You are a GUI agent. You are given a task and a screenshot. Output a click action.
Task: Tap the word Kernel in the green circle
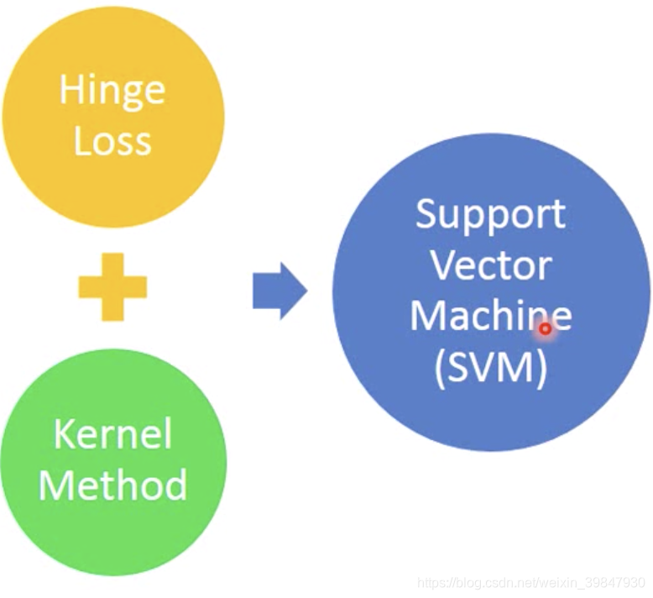pos(112,434)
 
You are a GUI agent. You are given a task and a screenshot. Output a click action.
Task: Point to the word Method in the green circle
pos(112,485)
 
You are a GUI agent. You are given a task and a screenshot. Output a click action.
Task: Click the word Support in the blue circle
pos(491,216)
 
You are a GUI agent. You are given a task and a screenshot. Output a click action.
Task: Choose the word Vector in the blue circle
pos(491,265)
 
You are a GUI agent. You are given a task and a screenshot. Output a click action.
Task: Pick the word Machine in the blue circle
pos(491,317)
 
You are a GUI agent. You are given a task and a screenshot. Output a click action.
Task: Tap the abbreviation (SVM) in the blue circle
pos(491,367)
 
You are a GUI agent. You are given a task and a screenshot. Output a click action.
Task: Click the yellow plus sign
pos(112,287)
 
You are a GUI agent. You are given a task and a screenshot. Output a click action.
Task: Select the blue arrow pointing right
pos(279,291)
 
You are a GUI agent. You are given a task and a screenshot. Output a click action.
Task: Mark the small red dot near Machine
pos(545,329)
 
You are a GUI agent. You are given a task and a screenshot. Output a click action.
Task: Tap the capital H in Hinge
pos(70,89)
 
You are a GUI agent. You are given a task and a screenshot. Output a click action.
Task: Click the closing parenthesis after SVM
pos(541,368)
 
